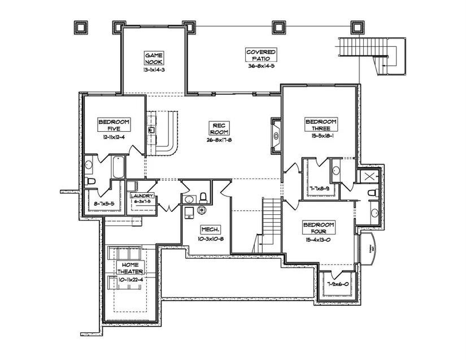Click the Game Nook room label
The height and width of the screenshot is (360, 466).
click(x=154, y=58)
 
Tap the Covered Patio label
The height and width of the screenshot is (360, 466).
click(x=261, y=55)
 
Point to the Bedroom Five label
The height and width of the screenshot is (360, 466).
click(x=114, y=125)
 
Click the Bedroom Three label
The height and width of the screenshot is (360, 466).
click(x=321, y=125)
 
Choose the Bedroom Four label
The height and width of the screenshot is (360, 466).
click(x=319, y=228)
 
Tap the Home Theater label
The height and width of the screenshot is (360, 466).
click(x=130, y=268)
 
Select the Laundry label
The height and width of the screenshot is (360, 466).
click(x=141, y=196)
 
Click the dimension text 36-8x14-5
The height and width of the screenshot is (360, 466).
click(x=261, y=66)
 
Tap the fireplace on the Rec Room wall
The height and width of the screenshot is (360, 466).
click(x=276, y=136)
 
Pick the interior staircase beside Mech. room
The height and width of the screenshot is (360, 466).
click(x=269, y=218)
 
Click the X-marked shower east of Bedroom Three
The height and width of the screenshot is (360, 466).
click(x=369, y=177)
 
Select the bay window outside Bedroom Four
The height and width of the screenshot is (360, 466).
click(x=367, y=249)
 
